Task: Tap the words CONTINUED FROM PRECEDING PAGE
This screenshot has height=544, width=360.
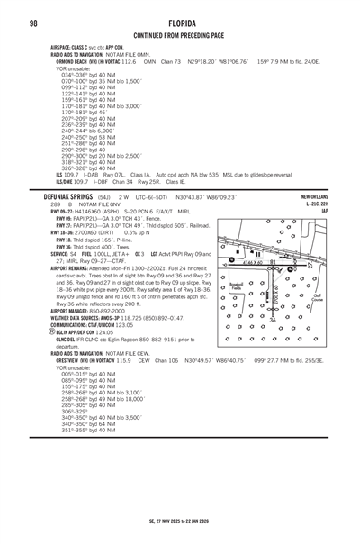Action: pyautogui.click(x=179, y=35)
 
